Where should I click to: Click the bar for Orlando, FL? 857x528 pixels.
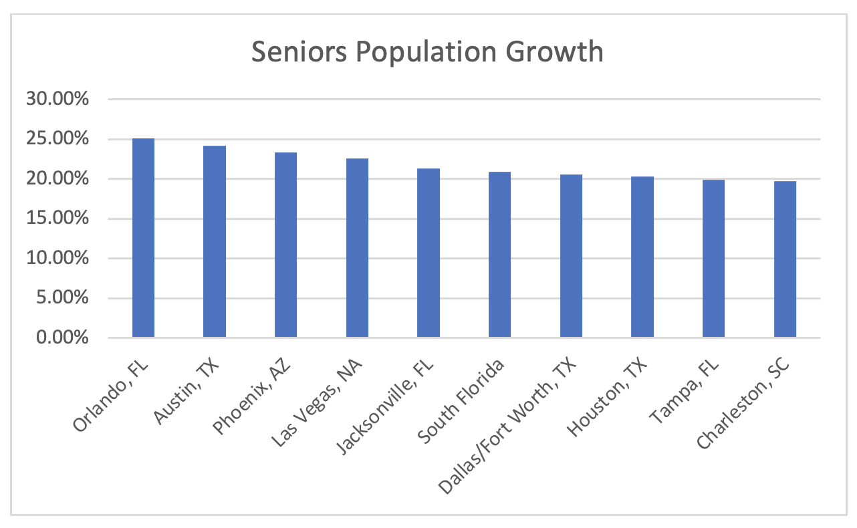point(143,238)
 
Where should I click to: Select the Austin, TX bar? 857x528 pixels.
point(215,241)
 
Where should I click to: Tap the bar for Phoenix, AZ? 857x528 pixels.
point(285,245)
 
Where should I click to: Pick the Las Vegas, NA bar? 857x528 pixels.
point(357,247)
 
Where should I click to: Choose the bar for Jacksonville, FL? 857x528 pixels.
point(428,253)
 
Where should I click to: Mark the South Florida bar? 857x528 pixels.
point(499,254)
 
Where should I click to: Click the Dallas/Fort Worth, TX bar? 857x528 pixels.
point(571,255)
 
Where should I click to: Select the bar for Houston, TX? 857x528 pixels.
point(642,257)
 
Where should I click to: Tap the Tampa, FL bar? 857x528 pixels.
point(713,258)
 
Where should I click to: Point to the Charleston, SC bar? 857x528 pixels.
point(785,259)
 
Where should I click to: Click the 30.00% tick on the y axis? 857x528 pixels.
point(57,100)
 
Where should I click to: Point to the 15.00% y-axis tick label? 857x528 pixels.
point(57,219)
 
